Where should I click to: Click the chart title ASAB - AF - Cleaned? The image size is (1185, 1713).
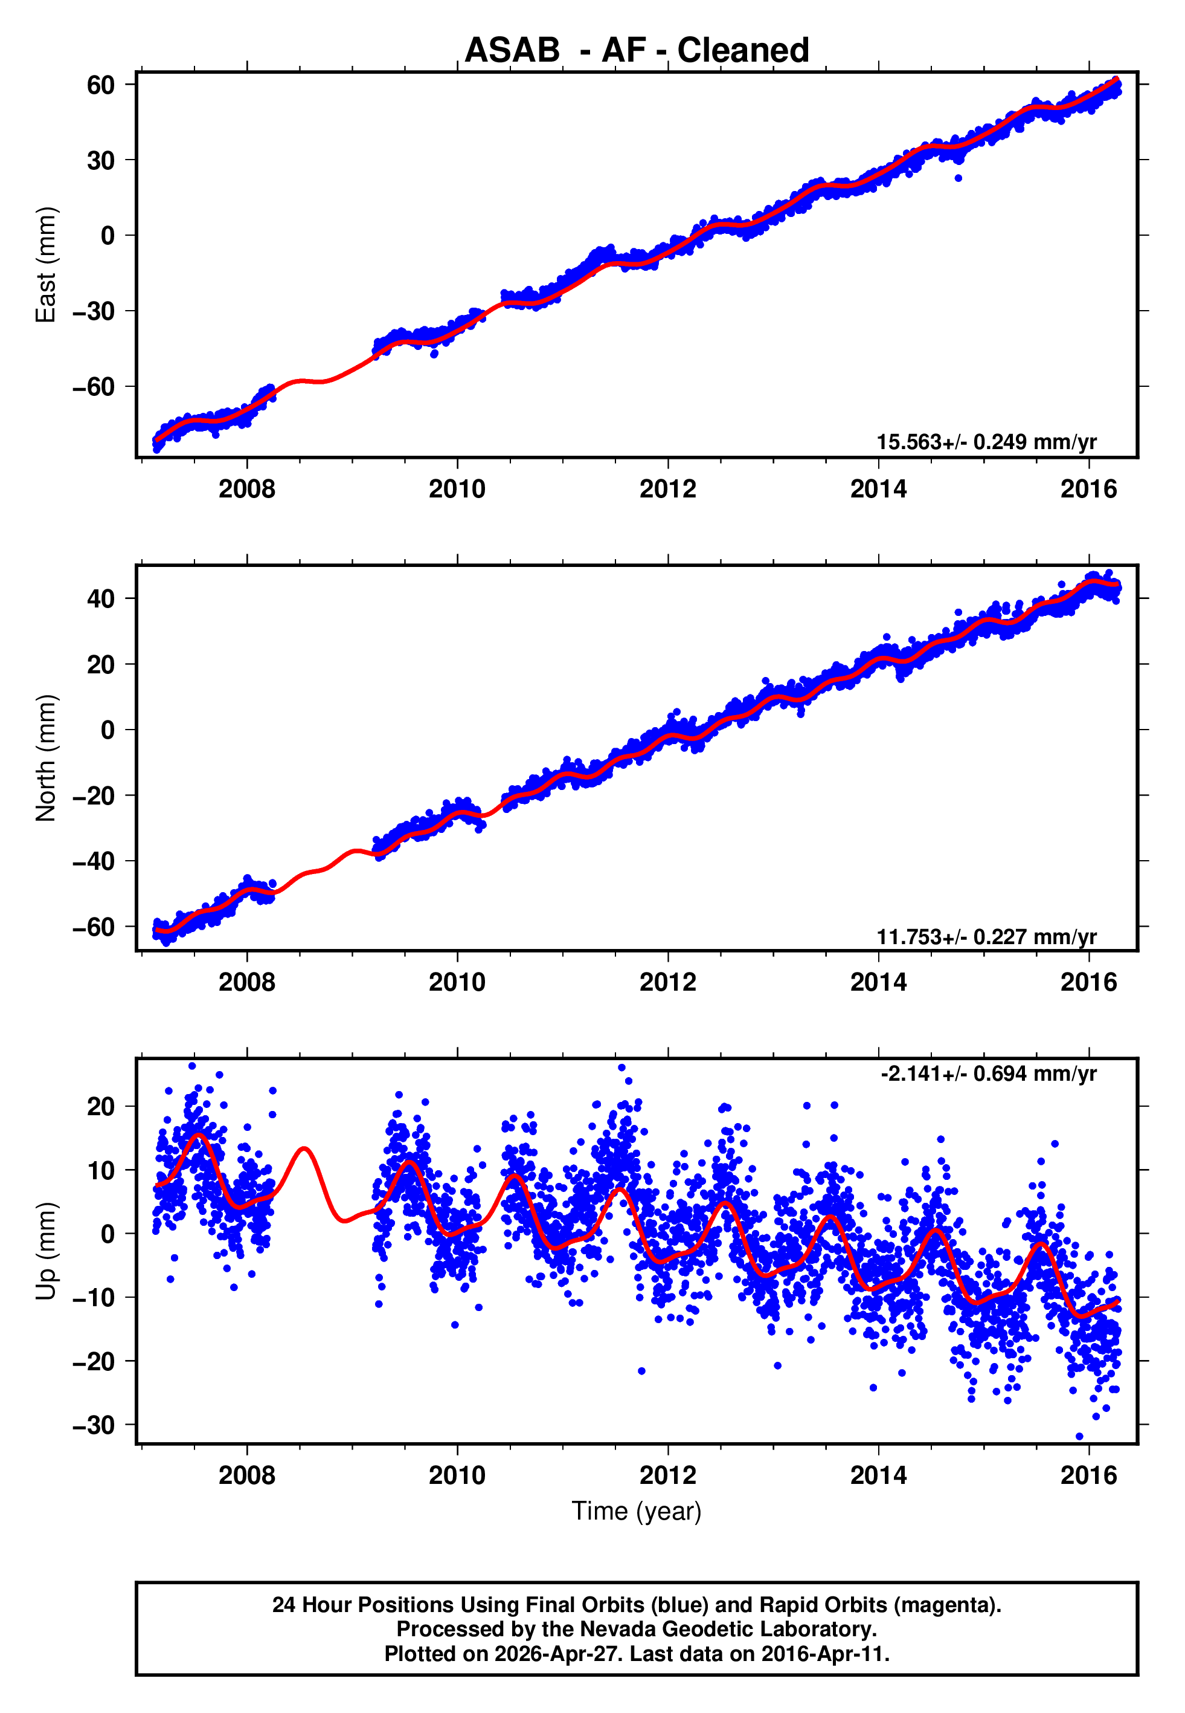pyautogui.click(x=637, y=51)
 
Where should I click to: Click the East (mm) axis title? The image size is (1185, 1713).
pyautogui.click(x=46, y=265)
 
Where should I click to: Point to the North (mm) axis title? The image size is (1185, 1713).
pyautogui.click(x=46, y=758)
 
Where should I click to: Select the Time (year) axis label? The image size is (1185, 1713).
pyautogui.click(x=637, y=1511)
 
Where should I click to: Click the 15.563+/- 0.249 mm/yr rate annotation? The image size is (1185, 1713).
pyautogui.click(x=986, y=442)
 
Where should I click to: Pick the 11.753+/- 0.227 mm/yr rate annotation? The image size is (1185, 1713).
pyautogui.click(x=986, y=937)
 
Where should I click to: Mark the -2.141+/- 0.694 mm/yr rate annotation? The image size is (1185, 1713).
pyautogui.click(x=988, y=1073)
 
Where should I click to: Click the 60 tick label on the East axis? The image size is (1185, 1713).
pyautogui.click(x=101, y=85)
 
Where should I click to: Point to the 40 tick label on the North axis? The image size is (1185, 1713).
pyautogui.click(x=101, y=599)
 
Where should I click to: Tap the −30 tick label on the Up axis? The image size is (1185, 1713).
pyautogui.click(x=94, y=1425)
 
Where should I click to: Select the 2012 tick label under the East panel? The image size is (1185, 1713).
pyautogui.click(x=667, y=489)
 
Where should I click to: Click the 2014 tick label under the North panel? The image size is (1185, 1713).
pyautogui.click(x=878, y=982)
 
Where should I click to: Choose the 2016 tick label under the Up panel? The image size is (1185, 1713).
pyautogui.click(x=1088, y=1475)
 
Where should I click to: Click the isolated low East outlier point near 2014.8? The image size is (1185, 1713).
pyautogui.click(x=959, y=178)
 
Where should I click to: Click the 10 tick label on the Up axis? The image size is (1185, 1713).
pyautogui.click(x=101, y=1170)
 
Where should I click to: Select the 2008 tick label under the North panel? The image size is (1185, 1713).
pyautogui.click(x=246, y=982)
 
